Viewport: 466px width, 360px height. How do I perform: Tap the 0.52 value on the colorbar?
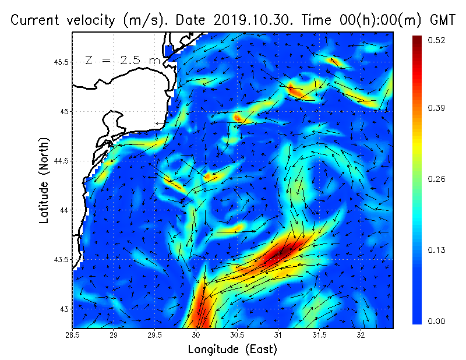[437, 40]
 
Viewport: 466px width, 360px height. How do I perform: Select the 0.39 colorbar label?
[437, 108]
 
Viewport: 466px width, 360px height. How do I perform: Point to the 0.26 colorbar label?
[437, 179]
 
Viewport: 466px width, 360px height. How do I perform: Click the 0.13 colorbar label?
[437, 250]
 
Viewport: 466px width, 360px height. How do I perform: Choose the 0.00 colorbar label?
[437, 321]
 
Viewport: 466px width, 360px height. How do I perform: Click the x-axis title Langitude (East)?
[232, 350]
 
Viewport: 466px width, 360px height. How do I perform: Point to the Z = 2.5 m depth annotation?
[122, 60]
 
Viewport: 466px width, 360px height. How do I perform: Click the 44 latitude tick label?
[65, 210]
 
